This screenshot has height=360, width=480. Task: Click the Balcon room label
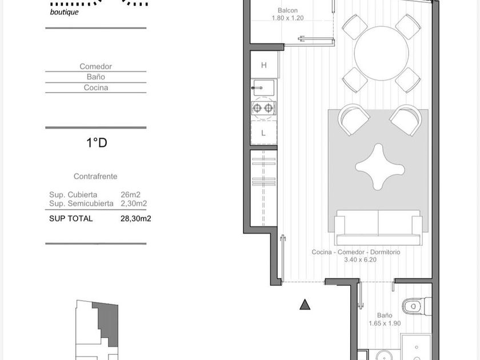[x=287, y=10]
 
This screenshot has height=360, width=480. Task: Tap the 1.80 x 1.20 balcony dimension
[x=287, y=18]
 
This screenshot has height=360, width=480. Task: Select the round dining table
[x=381, y=53]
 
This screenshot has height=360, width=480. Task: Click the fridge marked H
[x=264, y=65]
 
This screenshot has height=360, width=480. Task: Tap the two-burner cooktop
[x=263, y=108]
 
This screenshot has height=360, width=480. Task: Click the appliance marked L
[x=263, y=133]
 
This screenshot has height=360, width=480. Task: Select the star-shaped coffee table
[x=379, y=167]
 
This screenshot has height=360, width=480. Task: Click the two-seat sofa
[x=378, y=227]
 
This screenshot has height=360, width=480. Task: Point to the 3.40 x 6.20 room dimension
[x=360, y=260]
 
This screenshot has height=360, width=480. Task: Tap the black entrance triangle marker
[x=305, y=305]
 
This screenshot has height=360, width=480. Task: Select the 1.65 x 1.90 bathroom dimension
[x=385, y=323]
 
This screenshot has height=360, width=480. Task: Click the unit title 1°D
[x=97, y=143]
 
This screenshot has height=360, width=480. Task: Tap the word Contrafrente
[x=95, y=177]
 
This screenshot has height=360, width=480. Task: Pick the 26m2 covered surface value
[x=130, y=195]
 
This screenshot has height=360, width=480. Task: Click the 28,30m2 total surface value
[x=135, y=218]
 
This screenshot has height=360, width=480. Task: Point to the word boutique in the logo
[x=64, y=12]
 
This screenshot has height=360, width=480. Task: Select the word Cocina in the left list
[x=96, y=87]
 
